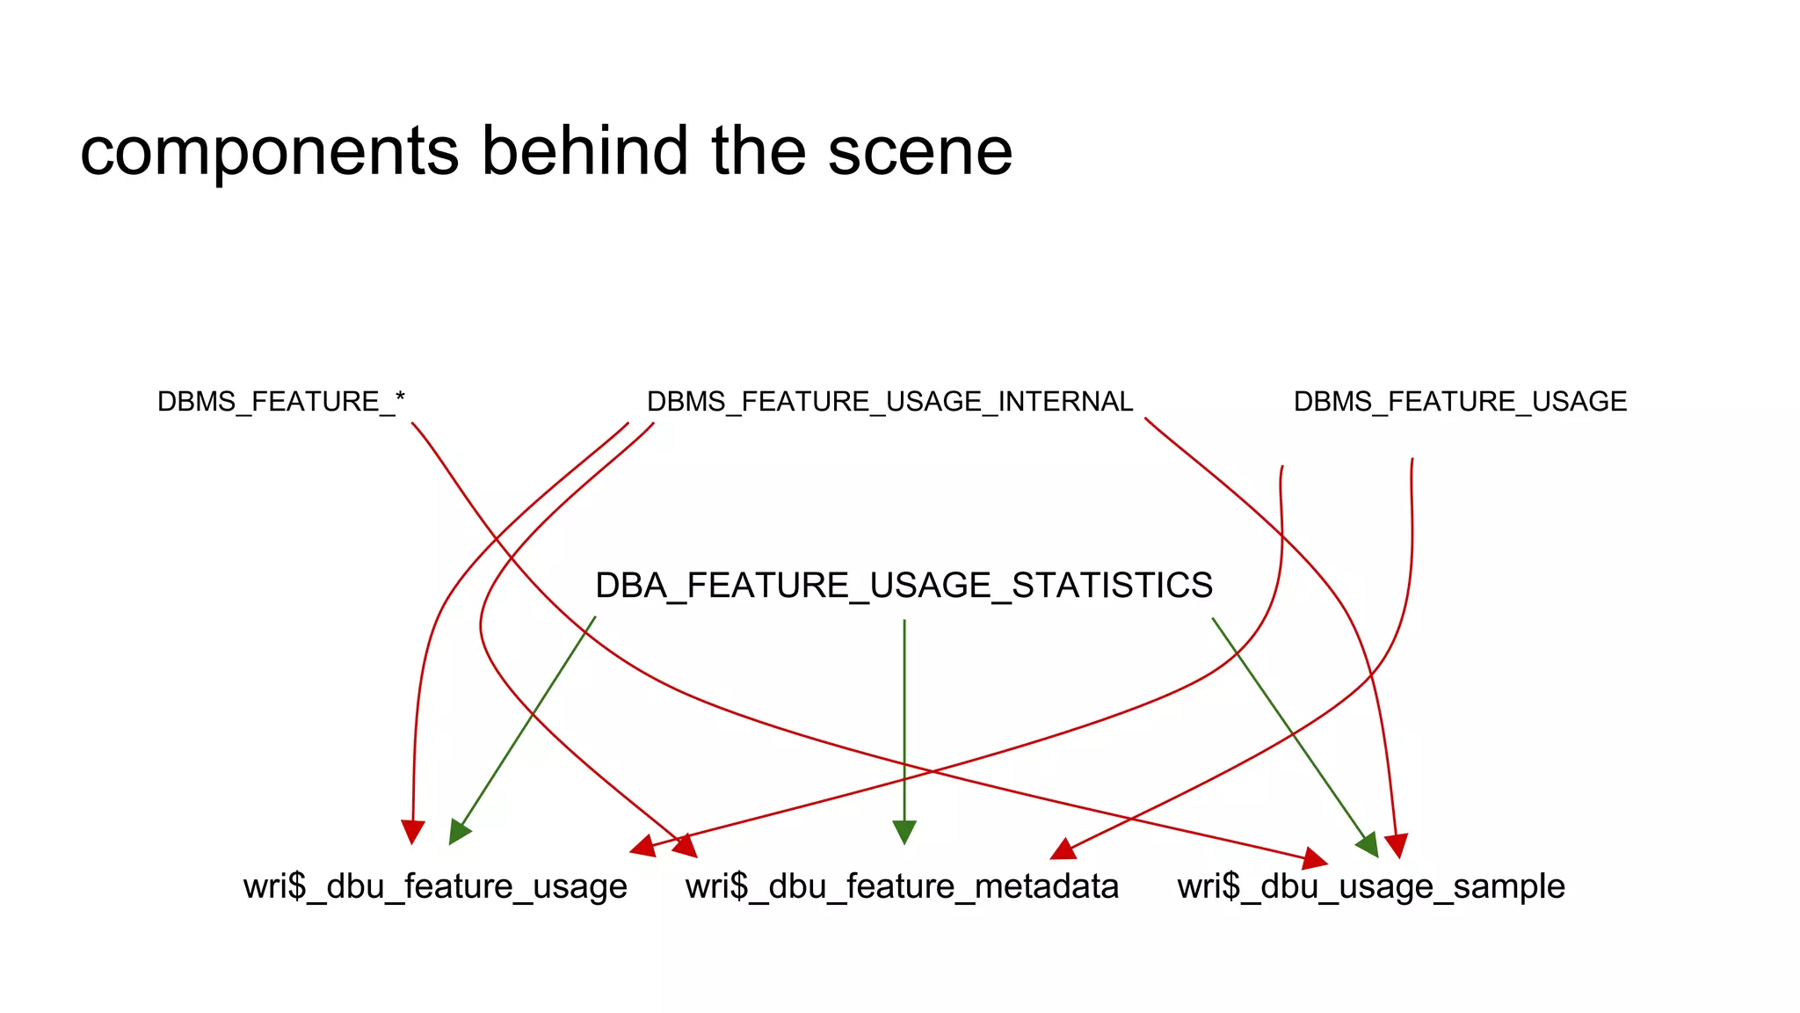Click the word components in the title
[x=269, y=151]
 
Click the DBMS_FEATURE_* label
[x=280, y=402]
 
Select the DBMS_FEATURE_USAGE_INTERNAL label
[x=889, y=402]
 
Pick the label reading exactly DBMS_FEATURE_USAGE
[x=1460, y=402]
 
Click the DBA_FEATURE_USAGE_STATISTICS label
[x=904, y=586]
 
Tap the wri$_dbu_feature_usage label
[x=435, y=886]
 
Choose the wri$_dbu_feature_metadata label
[x=902, y=886]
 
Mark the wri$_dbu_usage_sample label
[x=1371, y=886]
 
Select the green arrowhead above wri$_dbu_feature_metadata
[x=904, y=832]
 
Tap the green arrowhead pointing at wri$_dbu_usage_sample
[x=1368, y=845]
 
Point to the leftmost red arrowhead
[x=412, y=832]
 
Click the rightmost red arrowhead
[x=1397, y=845]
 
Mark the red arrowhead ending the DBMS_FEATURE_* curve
[x=1315, y=858]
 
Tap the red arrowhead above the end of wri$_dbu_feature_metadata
[x=1064, y=849]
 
